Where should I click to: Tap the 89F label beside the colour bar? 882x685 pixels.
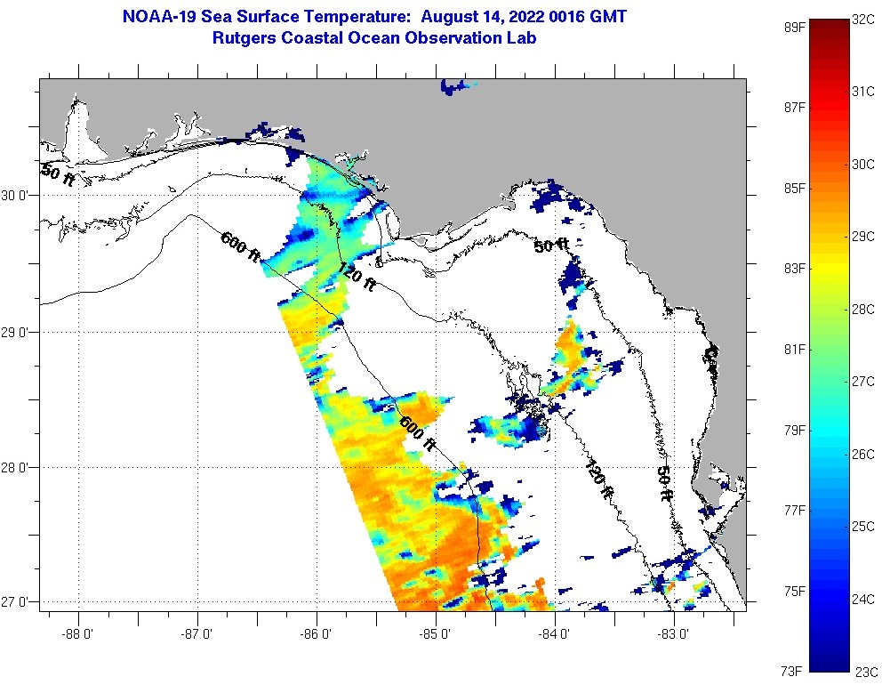[794, 27]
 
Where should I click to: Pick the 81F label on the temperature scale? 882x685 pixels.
[794, 349]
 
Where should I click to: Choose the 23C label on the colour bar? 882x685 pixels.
[865, 671]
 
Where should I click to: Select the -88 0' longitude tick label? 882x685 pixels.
[78, 634]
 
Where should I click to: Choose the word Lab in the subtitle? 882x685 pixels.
[522, 38]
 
